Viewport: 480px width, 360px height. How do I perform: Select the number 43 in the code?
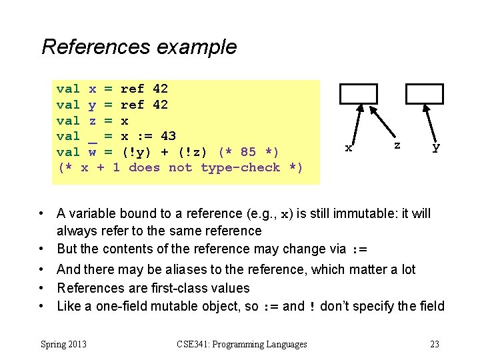(x=168, y=136)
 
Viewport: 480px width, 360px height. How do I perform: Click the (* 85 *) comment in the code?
(x=249, y=152)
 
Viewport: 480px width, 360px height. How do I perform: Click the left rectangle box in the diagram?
(x=358, y=94)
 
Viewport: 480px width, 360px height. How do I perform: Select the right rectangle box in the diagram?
(x=425, y=94)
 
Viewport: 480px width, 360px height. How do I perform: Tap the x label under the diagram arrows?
(x=348, y=147)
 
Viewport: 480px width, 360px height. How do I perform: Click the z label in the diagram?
(x=397, y=144)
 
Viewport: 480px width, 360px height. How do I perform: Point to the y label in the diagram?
(x=436, y=147)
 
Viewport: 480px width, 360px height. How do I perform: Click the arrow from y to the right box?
(x=430, y=124)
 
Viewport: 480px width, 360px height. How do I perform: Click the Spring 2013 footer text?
(x=64, y=344)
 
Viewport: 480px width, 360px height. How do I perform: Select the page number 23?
(x=434, y=344)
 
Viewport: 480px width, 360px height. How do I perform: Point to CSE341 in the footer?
(x=195, y=344)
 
